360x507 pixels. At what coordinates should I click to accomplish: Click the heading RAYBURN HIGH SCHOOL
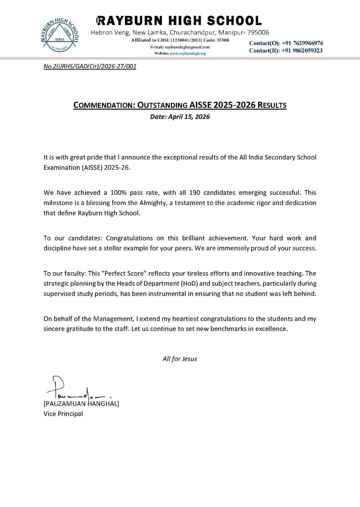(180, 21)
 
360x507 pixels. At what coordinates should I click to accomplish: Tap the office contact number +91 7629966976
(302, 43)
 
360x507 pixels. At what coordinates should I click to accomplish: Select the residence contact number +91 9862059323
(302, 51)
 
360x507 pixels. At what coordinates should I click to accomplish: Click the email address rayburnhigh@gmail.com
(187, 47)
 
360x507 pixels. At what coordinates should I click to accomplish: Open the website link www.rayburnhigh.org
(188, 53)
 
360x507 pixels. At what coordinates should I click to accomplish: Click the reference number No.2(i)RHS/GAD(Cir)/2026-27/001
(90, 67)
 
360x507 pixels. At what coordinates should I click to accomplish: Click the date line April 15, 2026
(180, 117)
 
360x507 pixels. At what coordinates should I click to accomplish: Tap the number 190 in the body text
(195, 193)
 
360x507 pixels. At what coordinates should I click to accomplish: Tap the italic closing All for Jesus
(180, 359)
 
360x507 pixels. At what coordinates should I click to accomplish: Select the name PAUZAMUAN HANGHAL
(81, 404)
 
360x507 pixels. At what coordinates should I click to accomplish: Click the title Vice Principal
(63, 414)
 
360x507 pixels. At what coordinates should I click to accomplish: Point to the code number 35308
(223, 40)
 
